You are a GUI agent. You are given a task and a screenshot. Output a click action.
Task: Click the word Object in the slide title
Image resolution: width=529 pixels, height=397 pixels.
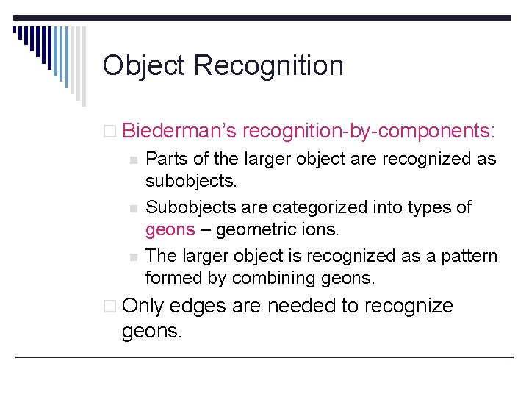point(144,66)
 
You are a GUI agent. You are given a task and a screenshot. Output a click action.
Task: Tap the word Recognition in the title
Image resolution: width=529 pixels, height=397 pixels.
point(268,66)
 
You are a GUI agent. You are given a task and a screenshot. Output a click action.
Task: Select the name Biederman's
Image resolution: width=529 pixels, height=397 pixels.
point(179,131)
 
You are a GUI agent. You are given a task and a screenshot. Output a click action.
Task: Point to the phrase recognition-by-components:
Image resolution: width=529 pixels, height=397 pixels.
point(369,131)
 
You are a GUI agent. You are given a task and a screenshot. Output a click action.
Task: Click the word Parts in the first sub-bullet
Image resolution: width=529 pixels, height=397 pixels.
point(166,159)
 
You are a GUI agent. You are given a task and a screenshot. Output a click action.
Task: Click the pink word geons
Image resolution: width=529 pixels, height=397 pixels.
point(170,229)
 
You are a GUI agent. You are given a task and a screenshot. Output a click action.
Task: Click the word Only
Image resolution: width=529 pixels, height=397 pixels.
point(143,306)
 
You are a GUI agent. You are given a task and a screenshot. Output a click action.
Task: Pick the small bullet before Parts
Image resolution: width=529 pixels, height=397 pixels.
point(133,160)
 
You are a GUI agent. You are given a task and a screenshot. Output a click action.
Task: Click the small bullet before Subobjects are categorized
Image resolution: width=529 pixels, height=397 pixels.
point(133,208)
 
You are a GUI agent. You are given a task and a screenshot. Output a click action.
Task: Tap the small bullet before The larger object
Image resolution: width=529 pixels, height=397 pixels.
point(133,257)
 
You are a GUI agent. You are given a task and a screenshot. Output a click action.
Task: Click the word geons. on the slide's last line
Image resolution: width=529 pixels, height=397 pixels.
point(151,331)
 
